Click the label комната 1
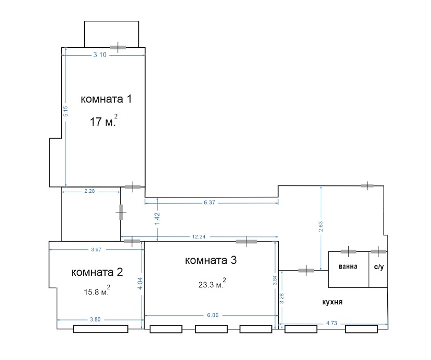106,99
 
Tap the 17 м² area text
103,121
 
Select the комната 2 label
97,272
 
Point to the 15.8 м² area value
97,291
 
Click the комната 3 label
211,260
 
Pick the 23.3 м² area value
212,284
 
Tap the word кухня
332,302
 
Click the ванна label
348,266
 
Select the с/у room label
379,266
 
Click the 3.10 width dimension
100,55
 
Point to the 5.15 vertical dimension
66,111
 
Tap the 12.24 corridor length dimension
199,237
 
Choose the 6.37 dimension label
210,203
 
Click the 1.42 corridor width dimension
157,219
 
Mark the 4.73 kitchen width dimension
332,323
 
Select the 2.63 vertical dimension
321,226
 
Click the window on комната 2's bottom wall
101,329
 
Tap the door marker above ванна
348,251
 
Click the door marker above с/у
378,251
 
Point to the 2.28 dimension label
89,191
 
